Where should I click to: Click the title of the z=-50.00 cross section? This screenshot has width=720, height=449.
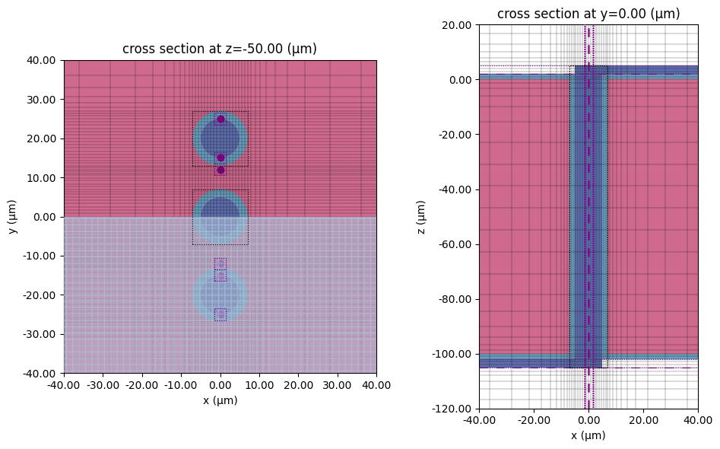point(220,49)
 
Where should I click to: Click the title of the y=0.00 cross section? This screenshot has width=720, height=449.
point(588,14)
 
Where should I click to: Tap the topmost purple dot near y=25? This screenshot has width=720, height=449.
point(220,119)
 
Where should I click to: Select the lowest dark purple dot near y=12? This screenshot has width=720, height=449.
point(220,170)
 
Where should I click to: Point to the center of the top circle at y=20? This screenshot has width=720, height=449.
point(220,139)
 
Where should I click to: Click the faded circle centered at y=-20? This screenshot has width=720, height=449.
point(220,295)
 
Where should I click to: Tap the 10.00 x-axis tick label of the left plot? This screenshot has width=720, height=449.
point(259,386)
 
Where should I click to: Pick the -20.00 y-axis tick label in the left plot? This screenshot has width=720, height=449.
point(42,295)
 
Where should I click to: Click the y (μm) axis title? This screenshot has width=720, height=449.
point(14,217)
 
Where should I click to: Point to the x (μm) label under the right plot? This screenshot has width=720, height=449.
point(588,436)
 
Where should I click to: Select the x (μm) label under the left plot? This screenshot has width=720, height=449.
point(220,400)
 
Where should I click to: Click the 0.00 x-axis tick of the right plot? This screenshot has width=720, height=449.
point(588,421)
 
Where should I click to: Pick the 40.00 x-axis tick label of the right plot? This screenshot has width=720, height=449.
point(697,421)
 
